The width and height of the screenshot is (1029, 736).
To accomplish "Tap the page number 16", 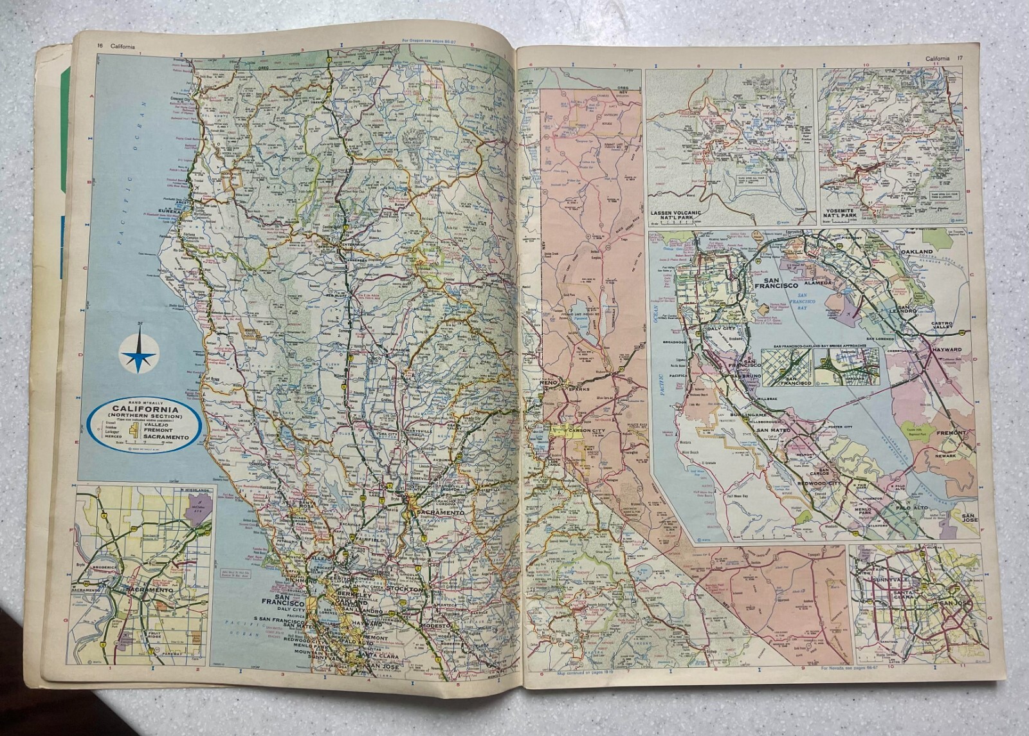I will click(100, 45).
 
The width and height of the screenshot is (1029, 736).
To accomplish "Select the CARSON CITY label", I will click(570, 427).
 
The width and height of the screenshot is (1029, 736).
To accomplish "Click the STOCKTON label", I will click(407, 589).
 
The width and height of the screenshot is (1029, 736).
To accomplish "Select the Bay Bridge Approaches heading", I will click(814, 345).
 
